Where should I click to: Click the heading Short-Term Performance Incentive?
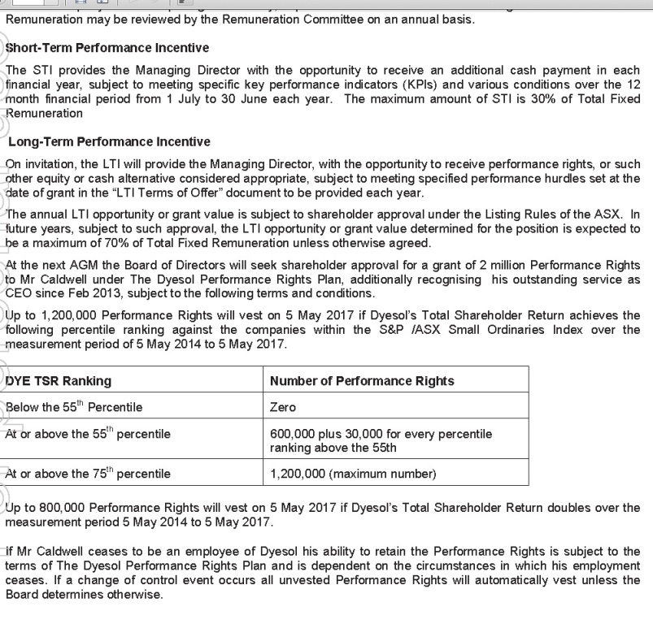pyautogui.click(x=107, y=49)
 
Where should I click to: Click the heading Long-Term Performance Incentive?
pyautogui.click(x=109, y=142)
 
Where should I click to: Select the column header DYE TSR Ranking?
pyautogui.click(x=59, y=380)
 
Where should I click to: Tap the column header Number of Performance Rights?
pyautogui.click(x=362, y=380)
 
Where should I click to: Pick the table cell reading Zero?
pyautogui.click(x=283, y=406)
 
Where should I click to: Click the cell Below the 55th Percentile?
pyautogui.click(x=74, y=406)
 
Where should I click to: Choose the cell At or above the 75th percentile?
pyautogui.click(x=88, y=473)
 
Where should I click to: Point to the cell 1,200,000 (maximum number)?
pyautogui.click(x=352, y=473)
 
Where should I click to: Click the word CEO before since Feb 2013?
pyautogui.click(x=18, y=294)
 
